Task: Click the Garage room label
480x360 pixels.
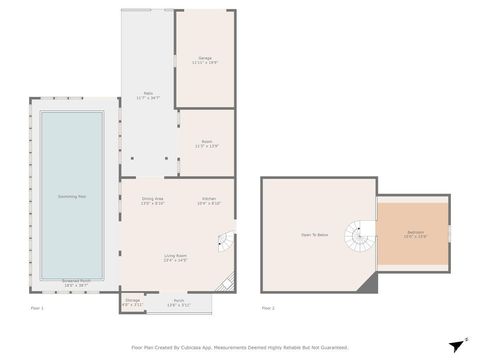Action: [204, 59]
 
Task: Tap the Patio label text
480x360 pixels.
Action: [147, 95]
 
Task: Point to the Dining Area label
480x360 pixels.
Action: [152, 199]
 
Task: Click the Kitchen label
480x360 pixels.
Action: [209, 199]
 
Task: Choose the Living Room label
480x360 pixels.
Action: [176, 257]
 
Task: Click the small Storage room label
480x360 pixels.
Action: [132, 300]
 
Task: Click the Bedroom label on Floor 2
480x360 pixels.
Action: [414, 233]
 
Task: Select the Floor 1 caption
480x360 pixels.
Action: [37, 308]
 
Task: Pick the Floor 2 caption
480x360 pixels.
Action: [267, 308]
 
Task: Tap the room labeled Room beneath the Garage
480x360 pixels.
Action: [207, 144]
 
